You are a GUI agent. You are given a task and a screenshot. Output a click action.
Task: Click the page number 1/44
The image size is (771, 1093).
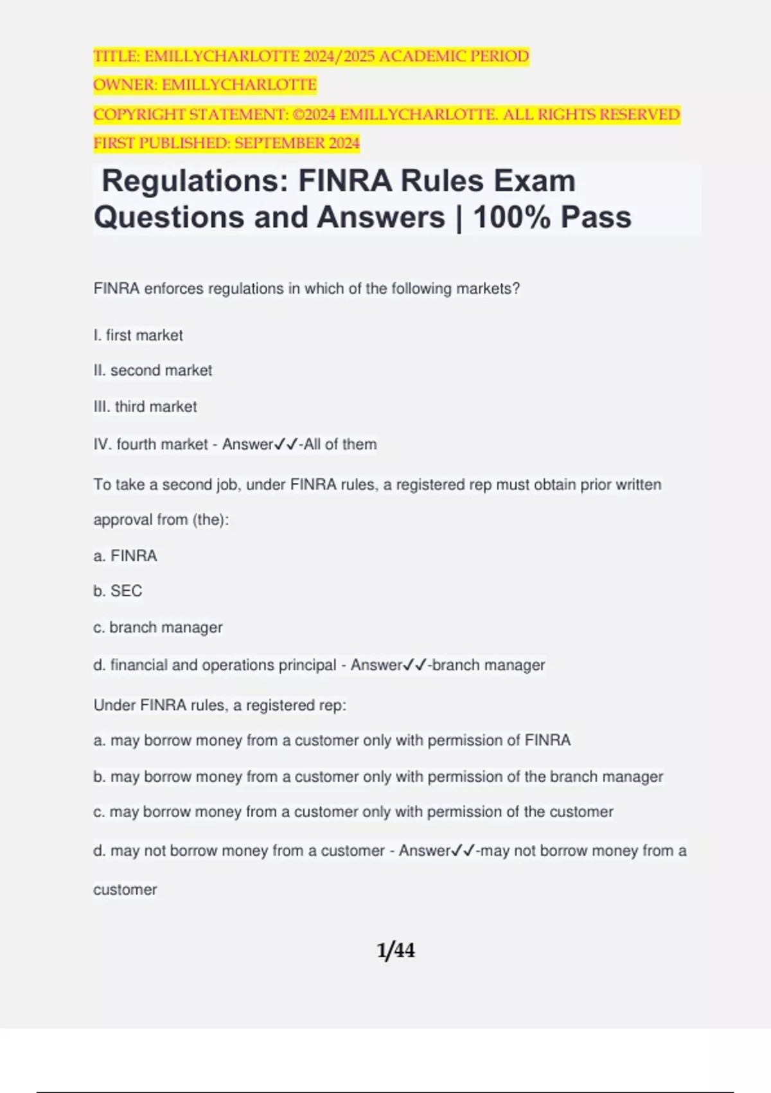[x=396, y=950]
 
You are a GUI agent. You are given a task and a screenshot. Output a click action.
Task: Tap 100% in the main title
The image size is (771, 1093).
[x=512, y=217]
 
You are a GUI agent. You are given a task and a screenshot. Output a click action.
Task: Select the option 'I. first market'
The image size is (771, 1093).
[x=138, y=335]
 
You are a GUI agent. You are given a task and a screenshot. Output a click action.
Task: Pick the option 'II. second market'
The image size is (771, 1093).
[x=153, y=370]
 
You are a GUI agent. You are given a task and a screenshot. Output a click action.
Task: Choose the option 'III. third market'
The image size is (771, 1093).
[x=145, y=406]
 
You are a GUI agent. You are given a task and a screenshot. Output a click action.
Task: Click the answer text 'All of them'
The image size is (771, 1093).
[x=341, y=444]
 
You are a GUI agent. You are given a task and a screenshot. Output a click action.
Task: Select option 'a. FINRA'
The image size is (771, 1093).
[x=125, y=556]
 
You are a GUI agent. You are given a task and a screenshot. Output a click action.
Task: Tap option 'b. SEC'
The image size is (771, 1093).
[x=118, y=591]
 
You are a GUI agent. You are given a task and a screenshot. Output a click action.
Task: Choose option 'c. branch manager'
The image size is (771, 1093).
[x=158, y=628]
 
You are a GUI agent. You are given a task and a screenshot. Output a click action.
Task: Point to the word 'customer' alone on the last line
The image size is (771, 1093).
[x=125, y=890]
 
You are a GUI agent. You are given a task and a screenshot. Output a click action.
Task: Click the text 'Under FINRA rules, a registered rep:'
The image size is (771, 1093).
[x=220, y=705]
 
